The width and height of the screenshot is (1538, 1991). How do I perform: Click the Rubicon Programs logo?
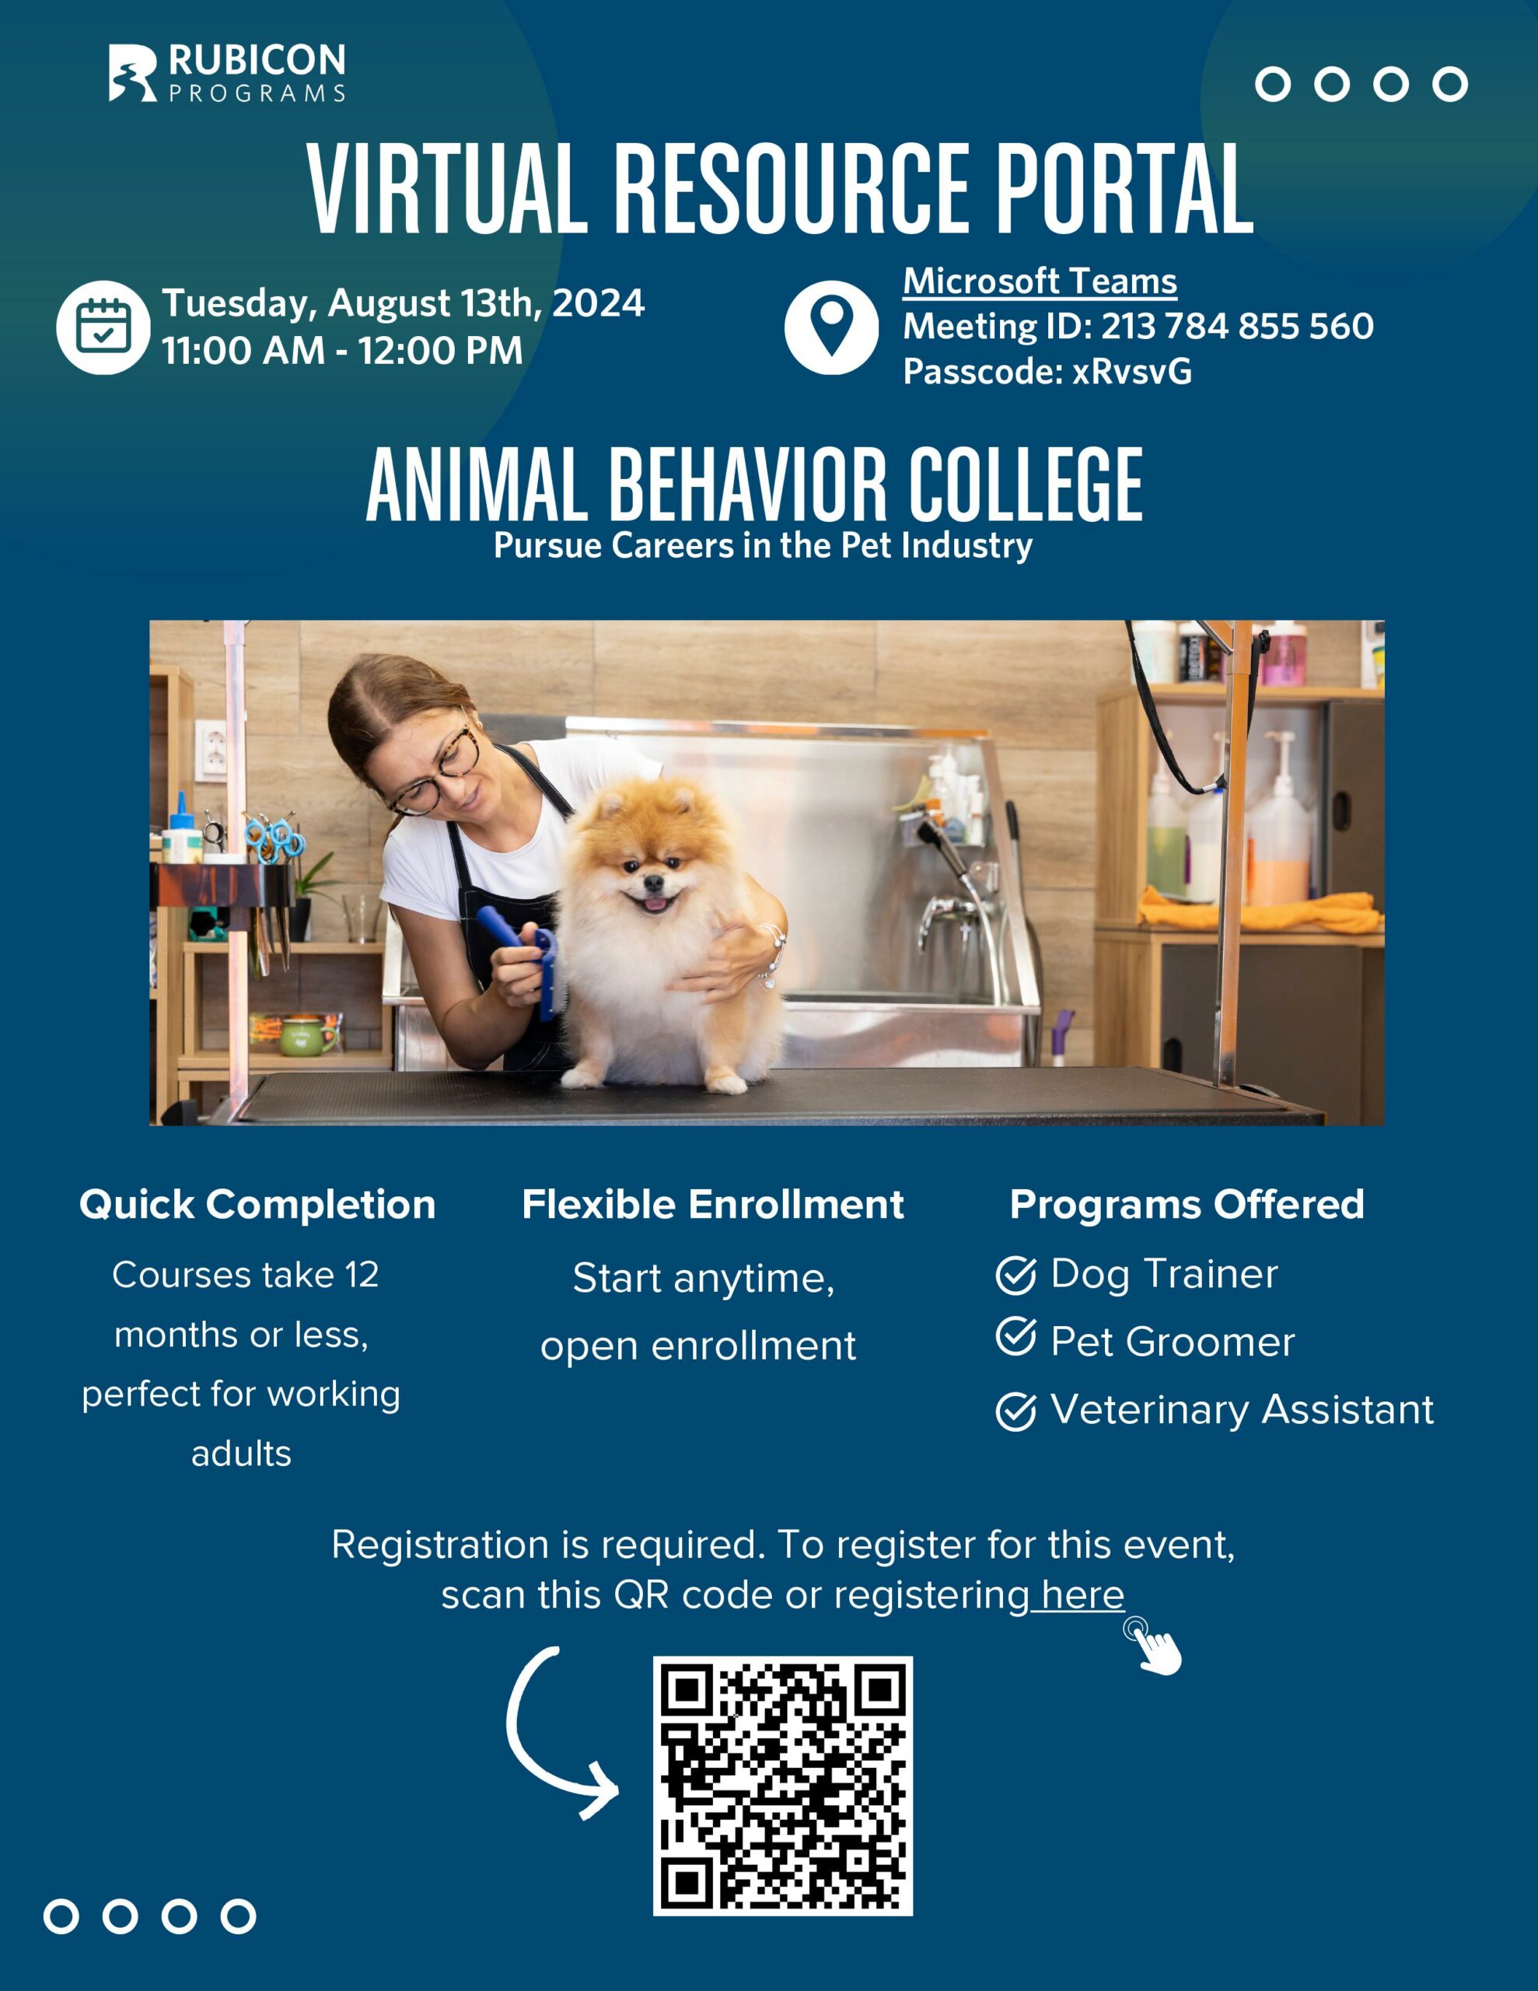[x=227, y=72]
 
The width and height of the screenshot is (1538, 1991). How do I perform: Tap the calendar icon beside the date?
[x=103, y=327]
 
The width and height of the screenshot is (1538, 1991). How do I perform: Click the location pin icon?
[x=831, y=327]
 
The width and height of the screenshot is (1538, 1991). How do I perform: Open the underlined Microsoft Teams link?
[x=1040, y=281]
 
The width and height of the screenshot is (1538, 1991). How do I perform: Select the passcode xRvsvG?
[x=1132, y=371]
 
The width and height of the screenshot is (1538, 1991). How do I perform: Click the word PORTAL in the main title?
[x=1124, y=189]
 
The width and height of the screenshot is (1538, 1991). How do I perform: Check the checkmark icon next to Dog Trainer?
[x=1015, y=1275]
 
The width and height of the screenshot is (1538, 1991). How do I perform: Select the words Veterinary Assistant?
[x=1243, y=1409]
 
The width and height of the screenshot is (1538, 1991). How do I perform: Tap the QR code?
[x=783, y=1786]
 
